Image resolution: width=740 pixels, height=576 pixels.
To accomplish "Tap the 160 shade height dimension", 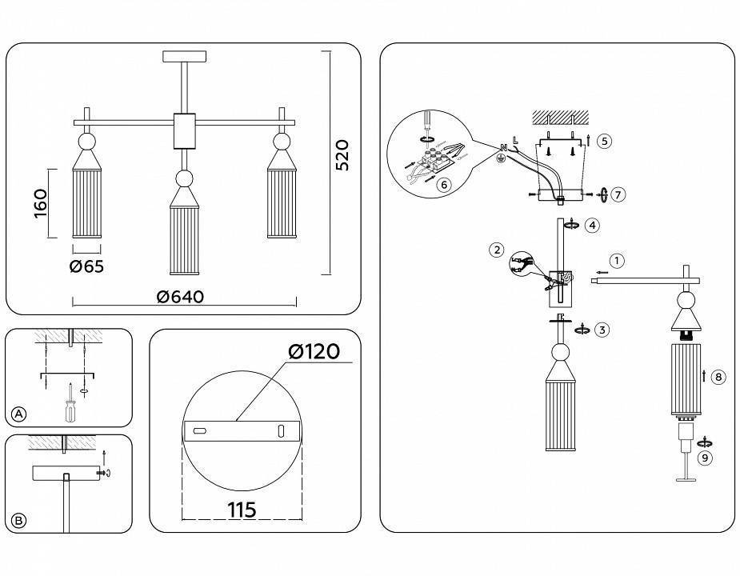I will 41,203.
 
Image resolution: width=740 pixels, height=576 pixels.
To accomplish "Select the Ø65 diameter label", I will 86,266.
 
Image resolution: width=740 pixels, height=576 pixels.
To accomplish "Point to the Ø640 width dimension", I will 181,297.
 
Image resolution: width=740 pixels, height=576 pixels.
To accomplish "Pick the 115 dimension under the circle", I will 242,510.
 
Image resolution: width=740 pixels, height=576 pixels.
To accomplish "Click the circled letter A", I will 19,414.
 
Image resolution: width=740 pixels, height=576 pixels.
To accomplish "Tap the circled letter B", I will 19,521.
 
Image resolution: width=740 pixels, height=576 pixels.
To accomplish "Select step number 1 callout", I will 616,260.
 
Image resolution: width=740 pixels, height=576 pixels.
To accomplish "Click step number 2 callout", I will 498,250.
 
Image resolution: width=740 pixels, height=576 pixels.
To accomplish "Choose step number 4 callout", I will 592,226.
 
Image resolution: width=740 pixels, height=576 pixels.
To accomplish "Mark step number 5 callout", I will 605,141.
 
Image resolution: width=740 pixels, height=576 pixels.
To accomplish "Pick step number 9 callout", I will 704,458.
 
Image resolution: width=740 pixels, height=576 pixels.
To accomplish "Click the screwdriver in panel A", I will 70,405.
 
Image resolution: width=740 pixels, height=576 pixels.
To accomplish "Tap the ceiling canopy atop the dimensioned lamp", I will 184,57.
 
